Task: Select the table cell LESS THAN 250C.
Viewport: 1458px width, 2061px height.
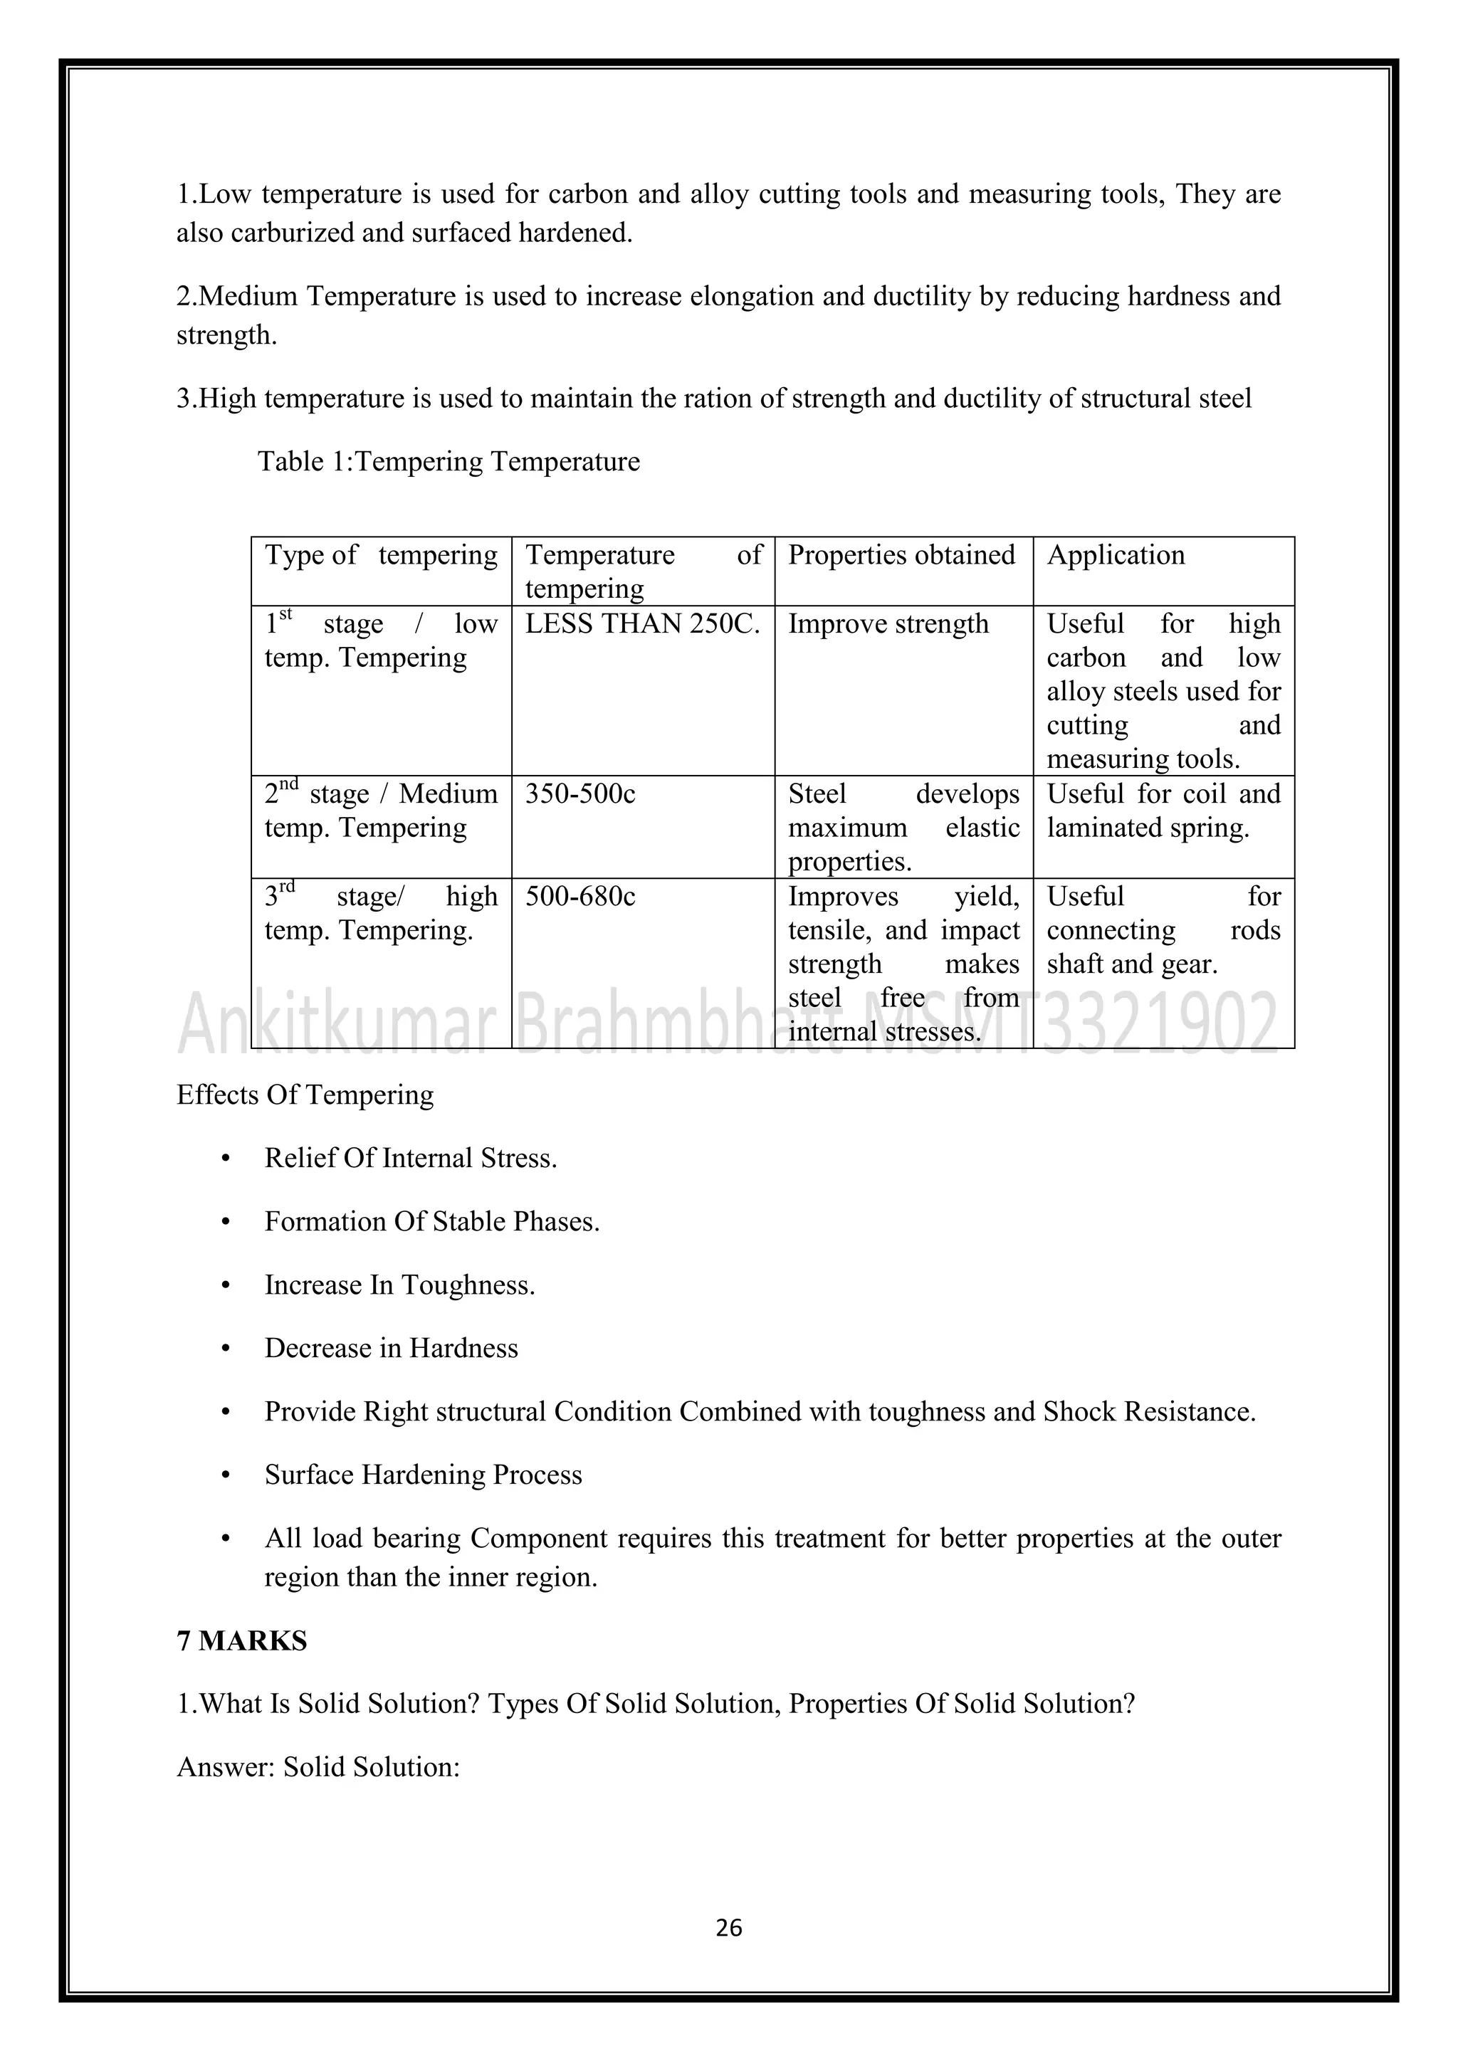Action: (x=642, y=624)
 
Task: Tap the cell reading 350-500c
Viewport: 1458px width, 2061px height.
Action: (x=580, y=794)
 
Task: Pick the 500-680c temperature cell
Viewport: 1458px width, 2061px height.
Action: (x=580, y=896)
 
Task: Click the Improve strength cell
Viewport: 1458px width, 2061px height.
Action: (x=888, y=624)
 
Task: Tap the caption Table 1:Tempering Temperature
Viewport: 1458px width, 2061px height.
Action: (x=449, y=461)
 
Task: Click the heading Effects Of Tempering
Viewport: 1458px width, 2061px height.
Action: (x=305, y=1095)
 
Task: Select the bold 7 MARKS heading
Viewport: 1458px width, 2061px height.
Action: (x=241, y=1641)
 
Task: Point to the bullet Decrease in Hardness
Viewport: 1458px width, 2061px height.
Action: (x=392, y=1349)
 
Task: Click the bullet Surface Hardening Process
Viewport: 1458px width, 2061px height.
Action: (x=423, y=1475)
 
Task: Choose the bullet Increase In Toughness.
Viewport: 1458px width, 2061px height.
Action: (x=399, y=1285)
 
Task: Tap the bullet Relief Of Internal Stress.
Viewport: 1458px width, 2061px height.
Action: (x=410, y=1158)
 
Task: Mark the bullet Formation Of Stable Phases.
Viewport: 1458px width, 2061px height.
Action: (x=432, y=1222)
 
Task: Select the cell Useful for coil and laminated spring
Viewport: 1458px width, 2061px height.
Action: (x=1163, y=811)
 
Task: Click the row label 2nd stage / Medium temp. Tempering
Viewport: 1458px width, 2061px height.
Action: (x=381, y=811)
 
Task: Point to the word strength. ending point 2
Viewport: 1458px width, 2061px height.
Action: (x=226, y=336)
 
